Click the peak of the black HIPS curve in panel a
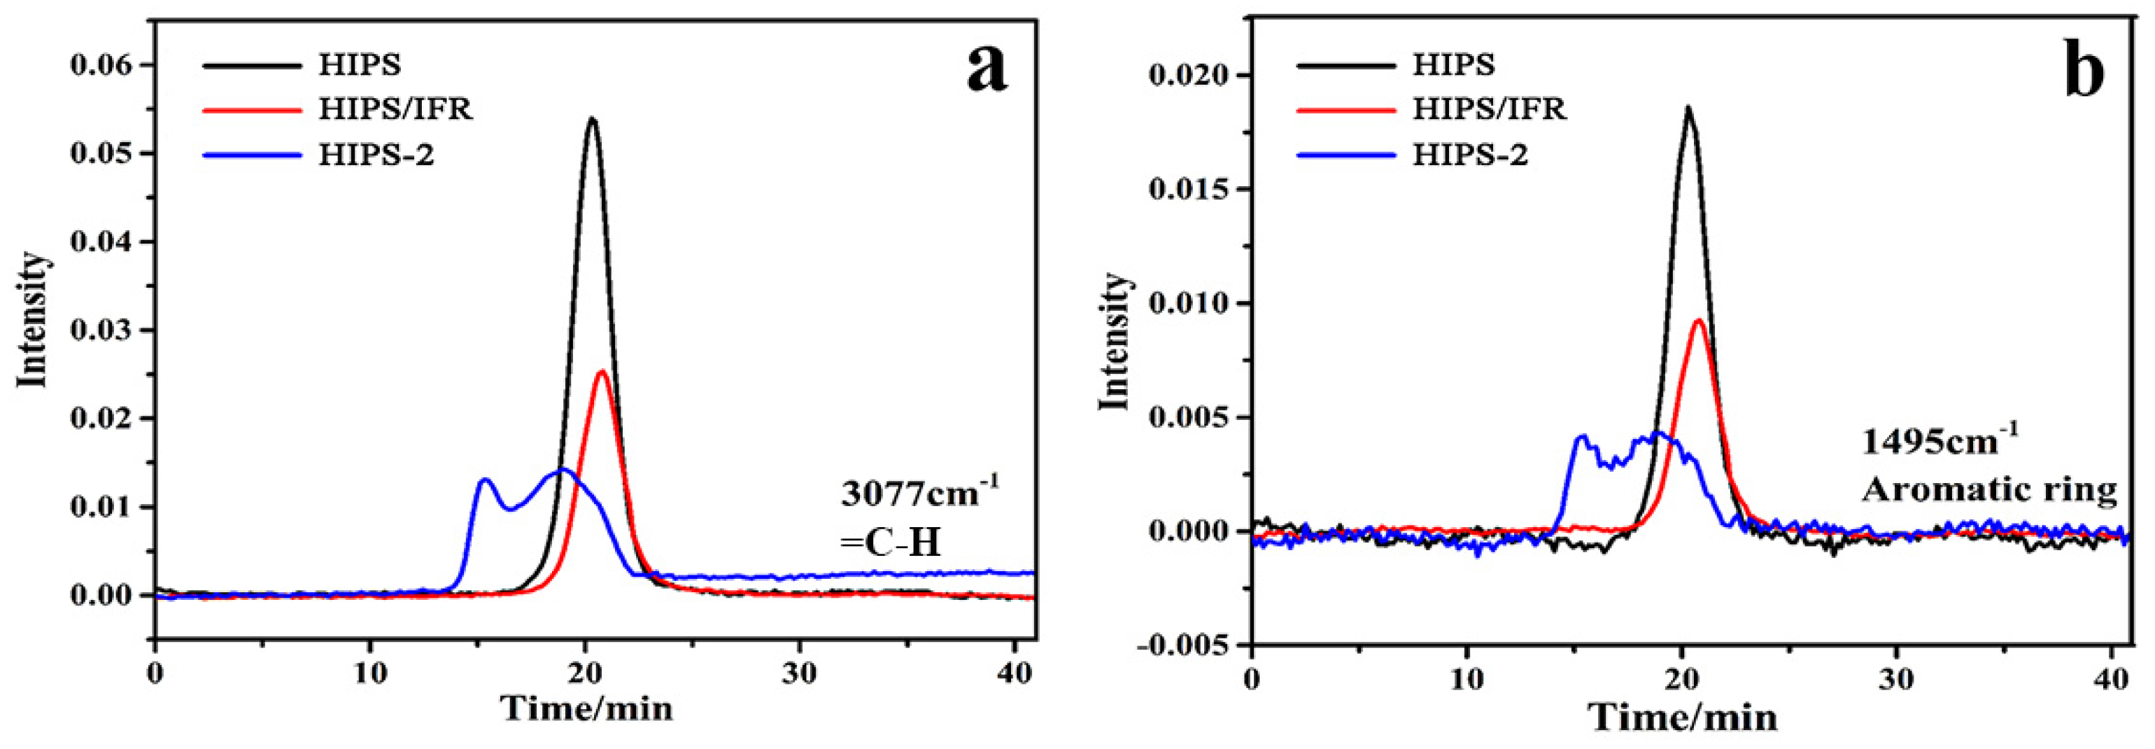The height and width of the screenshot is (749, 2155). (593, 119)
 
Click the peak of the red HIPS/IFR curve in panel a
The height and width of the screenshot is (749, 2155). (602, 372)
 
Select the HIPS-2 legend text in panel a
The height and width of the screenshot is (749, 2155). (376, 155)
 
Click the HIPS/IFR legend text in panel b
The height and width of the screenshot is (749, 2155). (1489, 108)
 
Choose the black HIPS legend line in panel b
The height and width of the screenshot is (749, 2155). (1346, 64)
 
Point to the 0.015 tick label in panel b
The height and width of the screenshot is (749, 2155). (1192, 189)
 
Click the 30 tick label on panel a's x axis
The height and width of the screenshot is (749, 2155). (799, 673)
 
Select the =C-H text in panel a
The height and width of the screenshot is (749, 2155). (890, 543)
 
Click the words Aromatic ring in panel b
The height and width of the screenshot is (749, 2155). (1988, 489)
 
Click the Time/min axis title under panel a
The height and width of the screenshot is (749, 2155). (586, 709)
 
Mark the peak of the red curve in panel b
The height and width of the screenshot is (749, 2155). (1698, 321)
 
